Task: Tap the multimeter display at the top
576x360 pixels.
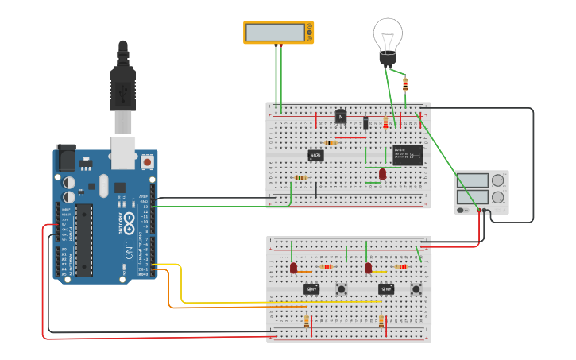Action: pos(275,33)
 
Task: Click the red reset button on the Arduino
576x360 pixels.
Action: pos(147,161)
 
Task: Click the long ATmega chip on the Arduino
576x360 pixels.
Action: pos(83,239)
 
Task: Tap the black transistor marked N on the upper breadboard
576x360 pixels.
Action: pos(341,116)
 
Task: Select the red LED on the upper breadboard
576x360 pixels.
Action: pos(382,173)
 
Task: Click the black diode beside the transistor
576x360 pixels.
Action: pos(365,122)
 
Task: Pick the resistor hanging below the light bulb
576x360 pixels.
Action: pos(405,84)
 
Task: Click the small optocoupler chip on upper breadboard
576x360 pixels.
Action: pos(315,155)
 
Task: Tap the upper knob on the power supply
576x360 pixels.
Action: pos(498,180)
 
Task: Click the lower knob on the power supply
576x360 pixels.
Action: pos(498,197)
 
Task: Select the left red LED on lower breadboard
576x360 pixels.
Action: pos(293,268)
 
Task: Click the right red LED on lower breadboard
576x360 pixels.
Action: pos(368,269)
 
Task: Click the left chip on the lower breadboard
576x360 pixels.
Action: pos(311,288)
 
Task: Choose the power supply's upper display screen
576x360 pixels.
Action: pos(473,180)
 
